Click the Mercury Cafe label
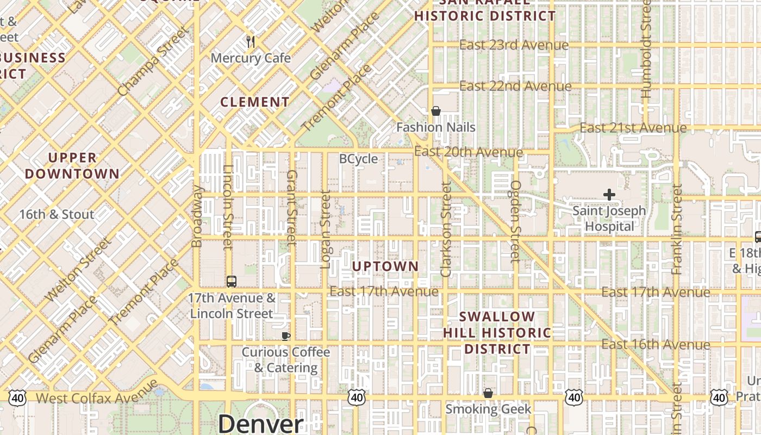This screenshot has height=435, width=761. (251, 58)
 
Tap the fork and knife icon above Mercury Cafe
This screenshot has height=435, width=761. (251, 42)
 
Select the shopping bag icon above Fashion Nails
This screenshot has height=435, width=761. (435, 111)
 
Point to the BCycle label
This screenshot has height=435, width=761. (358, 159)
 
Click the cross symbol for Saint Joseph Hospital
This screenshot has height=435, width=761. (609, 194)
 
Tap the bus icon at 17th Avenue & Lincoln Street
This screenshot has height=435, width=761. (232, 282)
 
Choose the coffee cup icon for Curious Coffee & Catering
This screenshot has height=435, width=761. (286, 336)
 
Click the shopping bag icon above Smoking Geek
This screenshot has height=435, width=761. (488, 393)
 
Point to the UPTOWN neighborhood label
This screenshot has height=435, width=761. (385, 266)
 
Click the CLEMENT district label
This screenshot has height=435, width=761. (255, 102)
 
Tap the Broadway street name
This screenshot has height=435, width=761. (197, 216)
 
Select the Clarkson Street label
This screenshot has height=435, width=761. (446, 229)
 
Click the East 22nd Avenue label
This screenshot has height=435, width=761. (515, 86)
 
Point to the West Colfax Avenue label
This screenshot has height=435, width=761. (97, 397)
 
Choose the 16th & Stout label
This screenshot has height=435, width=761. (57, 214)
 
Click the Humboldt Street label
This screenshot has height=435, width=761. (646, 49)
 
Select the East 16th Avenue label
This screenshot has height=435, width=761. (656, 344)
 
